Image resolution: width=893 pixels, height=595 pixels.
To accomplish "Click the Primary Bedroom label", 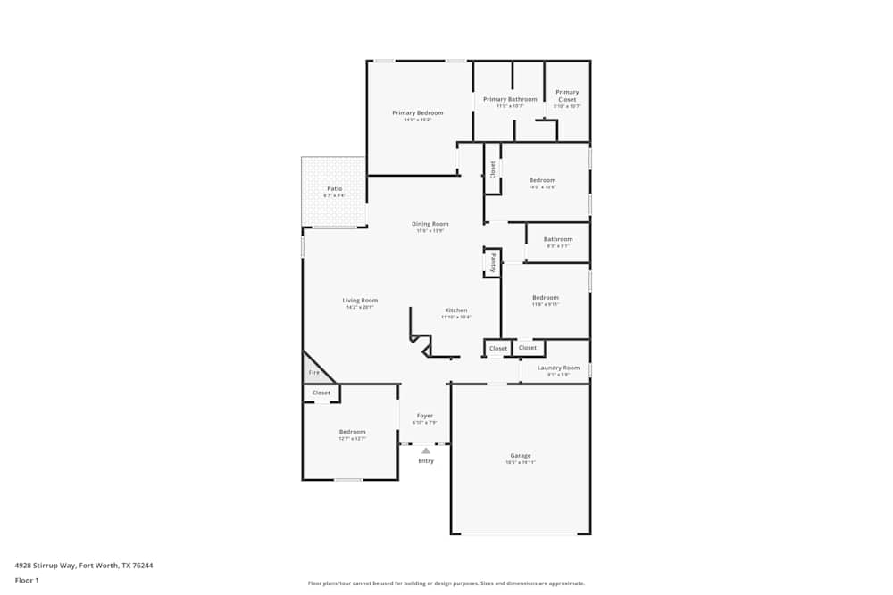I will (418, 113).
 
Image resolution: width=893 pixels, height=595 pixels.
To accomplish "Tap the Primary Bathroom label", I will (510, 99).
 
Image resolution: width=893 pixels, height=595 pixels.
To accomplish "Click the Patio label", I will (334, 188).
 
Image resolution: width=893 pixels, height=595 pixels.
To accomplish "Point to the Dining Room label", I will (430, 224).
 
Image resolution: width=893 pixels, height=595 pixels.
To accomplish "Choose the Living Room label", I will (360, 300).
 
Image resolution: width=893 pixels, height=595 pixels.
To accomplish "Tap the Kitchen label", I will (455, 310).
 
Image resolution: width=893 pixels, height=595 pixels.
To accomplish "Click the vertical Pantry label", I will (492, 263).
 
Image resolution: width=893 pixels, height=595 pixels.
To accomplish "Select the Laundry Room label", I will (558, 368).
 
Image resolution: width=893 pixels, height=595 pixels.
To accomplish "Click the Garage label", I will (520, 455).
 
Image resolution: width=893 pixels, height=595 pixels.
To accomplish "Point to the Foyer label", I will (425, 416).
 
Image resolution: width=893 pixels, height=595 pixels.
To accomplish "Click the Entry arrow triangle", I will (426, 450).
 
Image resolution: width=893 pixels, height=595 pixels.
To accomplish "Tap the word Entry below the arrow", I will (426, 460).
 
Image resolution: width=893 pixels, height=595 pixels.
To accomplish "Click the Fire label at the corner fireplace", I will (313, 372).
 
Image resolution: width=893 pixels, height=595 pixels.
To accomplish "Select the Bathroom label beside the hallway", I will (558, 238).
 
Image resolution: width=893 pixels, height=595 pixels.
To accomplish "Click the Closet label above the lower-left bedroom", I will (321, 393).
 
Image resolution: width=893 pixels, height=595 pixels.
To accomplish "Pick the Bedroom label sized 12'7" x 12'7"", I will (352, 432).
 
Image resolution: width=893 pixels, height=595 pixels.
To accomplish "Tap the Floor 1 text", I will (27, 580).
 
